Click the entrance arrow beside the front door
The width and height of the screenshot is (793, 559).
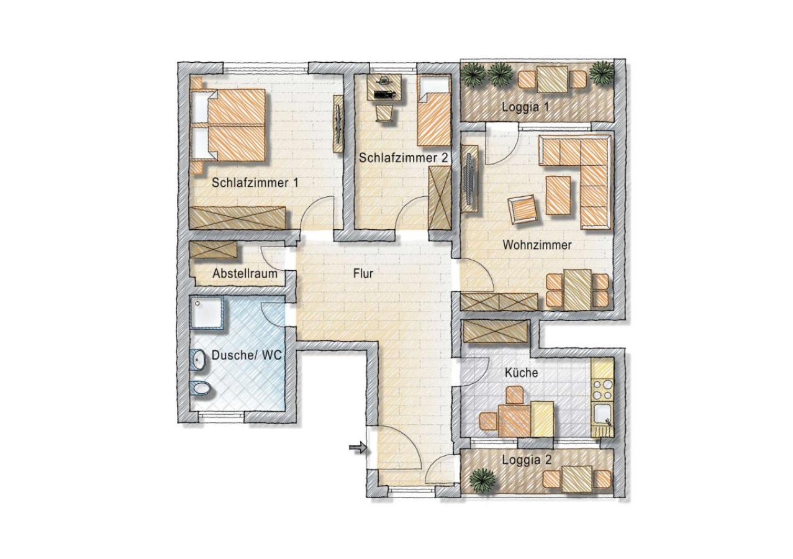pos(358,448)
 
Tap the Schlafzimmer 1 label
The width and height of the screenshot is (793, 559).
pos(255,183)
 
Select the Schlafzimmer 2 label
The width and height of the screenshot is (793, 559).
pos(404,158)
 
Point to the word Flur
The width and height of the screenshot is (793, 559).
pos(363,273)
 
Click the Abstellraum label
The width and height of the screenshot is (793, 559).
pos(245,273)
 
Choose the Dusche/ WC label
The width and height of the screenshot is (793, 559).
pos(247,355)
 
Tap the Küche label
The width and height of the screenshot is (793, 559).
pos(522,373)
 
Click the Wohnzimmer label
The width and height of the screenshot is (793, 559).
pos(537,245)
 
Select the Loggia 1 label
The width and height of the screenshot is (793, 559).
pos(526,107)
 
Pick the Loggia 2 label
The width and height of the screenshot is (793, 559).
pos(527,460)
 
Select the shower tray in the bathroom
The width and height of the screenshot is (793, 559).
pos(207,313)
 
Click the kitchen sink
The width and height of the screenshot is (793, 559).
pos(602,414)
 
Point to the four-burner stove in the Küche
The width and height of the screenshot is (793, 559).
pos(602,389)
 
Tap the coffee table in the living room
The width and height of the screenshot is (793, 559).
pos(558,196)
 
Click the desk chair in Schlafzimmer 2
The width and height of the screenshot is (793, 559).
pos(385,114)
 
